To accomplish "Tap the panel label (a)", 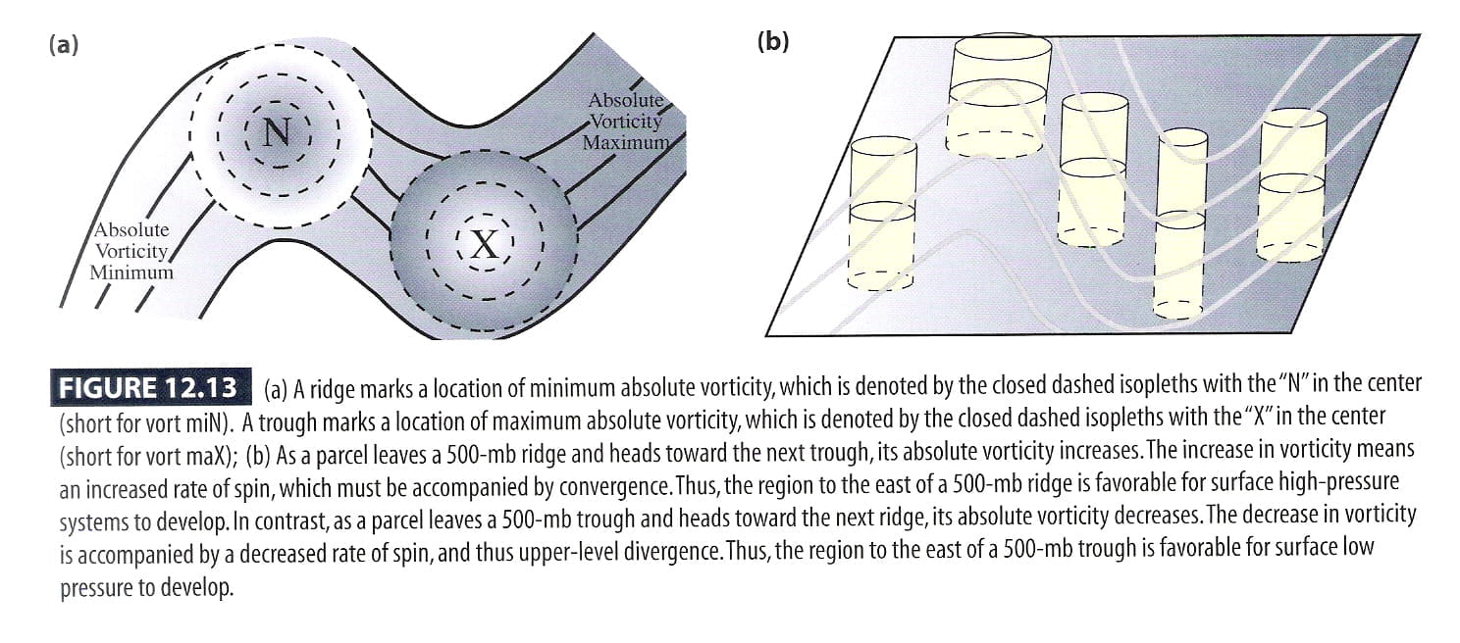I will click(x=63, y=45).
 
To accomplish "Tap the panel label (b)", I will click(x=772, y=42).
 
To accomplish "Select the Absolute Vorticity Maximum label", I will click(x=626, y=122).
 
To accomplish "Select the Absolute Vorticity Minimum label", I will click(x=131, y=251).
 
